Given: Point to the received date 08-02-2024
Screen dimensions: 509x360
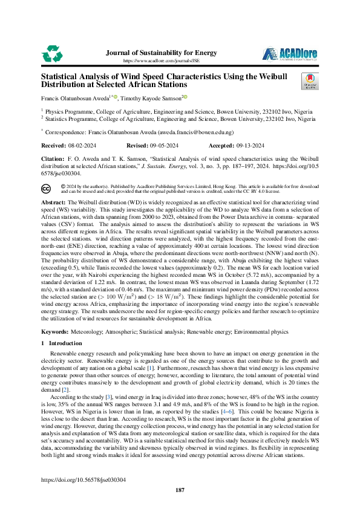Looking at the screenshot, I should click(82, 146).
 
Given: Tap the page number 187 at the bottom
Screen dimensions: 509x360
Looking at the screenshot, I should click(180, 490).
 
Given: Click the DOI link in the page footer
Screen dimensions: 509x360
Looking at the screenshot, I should click(83, 479).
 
